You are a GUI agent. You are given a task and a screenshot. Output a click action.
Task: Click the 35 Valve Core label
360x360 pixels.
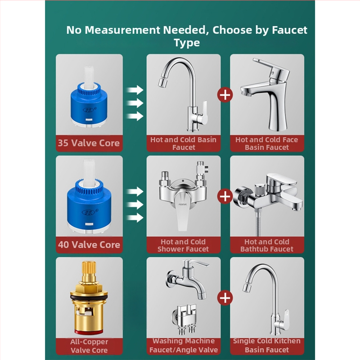tap(89, 143)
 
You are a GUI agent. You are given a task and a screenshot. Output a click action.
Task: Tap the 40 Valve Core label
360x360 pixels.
tap(89, 245)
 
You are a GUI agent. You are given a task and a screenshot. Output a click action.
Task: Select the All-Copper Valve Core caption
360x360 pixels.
tap(89, 346)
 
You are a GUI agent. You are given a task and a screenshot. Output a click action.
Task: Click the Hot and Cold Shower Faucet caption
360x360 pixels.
tap(183, 245)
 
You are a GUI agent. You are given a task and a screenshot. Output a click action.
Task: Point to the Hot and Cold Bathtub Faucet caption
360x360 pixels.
tap(267, 245)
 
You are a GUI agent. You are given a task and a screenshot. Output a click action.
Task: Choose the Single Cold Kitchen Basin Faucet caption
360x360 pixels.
tap(267, 345)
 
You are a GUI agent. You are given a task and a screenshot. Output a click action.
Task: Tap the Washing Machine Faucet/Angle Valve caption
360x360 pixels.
tap(184, 345)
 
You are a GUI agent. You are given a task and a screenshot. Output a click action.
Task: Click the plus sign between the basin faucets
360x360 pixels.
tap(225, 95)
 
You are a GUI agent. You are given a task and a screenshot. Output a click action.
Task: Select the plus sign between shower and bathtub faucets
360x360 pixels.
tap(225, 196)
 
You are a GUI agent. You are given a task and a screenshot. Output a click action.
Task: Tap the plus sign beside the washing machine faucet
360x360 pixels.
tap(225, 298)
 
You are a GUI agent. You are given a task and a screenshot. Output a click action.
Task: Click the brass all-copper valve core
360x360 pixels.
tap(89, 298)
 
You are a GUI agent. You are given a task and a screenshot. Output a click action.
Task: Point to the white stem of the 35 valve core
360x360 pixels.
tap(89, 77)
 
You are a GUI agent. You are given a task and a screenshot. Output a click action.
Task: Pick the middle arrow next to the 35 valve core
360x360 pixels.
tap(135, 103)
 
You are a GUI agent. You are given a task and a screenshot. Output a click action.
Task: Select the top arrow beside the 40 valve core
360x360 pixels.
tap(135, 191)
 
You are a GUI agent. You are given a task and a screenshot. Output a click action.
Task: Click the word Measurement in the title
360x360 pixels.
tap(122, 30)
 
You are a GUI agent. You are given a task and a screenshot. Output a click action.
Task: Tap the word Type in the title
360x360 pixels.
tap(187, 43)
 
